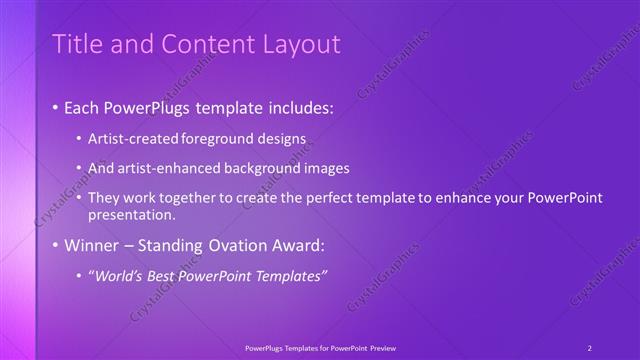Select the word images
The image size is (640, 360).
327,167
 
